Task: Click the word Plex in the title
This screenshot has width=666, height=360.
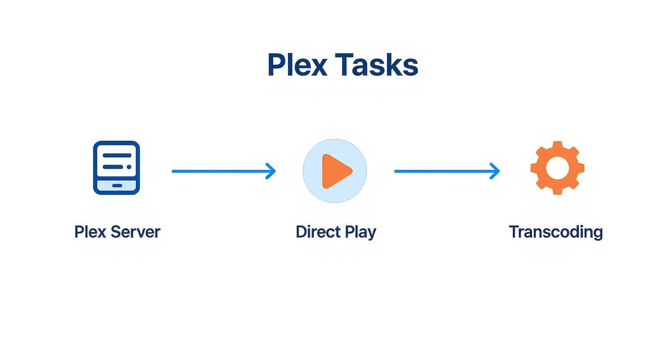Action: (x=297, y=65)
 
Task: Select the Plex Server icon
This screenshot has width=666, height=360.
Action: (x=117, y=168)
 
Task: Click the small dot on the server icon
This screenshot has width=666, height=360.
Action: (x=129, y=167)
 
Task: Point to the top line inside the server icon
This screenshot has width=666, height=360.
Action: (x=117, y=155)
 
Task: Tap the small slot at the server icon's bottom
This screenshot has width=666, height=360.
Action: (x=117, y=186)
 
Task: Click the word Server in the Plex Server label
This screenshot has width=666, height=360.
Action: (x=135, y=232)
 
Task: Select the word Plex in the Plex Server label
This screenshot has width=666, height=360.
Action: (x=90, y=232)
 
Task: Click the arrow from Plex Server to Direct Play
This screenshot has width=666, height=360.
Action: (x=224, y=171)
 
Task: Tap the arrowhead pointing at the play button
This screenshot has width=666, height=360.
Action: (x=271, y=171)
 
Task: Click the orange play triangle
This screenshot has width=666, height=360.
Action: (x=336, y=171)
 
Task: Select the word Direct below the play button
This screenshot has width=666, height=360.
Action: (x=318, y=232)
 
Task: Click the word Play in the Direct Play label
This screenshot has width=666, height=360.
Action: (x=360, y=233)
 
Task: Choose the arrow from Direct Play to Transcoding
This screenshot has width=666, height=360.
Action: (x=447, y=171)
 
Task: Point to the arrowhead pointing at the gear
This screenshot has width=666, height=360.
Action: (x=495, y=171)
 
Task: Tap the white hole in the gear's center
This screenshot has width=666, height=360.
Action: (x=557, y=168)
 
